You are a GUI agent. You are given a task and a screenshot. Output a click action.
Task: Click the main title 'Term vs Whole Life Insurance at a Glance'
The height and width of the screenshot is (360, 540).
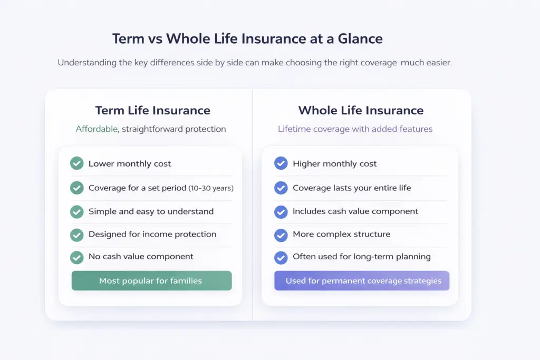tap(247, 38)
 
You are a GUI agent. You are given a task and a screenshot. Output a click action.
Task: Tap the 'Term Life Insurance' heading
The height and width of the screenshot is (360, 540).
tap(152, 111)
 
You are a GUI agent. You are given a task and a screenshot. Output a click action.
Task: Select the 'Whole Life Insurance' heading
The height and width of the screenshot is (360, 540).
tap(361, 111)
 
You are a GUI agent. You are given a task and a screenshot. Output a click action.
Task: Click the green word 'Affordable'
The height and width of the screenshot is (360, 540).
tap(97, 129)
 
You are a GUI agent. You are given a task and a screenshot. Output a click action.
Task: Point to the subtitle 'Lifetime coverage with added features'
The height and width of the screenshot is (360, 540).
tap(355, 129)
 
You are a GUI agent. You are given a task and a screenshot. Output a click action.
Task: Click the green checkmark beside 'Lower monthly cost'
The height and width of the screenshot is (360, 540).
tap(77, 163)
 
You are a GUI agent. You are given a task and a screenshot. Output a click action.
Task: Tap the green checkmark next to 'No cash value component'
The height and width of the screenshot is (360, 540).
tap(77, 257)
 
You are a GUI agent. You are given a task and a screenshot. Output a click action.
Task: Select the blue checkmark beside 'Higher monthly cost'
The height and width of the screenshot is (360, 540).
tap(281, 163)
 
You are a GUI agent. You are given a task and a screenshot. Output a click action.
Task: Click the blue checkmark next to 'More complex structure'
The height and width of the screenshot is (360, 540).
tap(281, 235)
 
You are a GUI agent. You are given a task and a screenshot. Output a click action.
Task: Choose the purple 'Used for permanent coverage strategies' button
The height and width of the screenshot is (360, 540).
tap(362, 281)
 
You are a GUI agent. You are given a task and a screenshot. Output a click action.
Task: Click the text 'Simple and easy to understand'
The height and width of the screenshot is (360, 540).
tap(151, 211)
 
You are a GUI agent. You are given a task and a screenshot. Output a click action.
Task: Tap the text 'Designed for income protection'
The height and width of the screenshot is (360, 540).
tap(152, 234)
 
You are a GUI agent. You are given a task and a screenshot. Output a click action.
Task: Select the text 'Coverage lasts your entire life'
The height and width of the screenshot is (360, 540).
tap(352, 188)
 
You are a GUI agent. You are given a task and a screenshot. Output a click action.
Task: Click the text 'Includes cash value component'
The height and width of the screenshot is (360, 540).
tap(355, 211)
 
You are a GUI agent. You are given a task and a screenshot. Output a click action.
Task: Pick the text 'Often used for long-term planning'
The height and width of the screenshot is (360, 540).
tap(362, 257)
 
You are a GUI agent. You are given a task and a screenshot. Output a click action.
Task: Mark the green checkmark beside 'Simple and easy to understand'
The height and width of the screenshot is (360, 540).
tap(77, 211)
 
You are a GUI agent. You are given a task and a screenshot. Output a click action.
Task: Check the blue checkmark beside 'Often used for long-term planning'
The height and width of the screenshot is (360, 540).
tap(281, 257)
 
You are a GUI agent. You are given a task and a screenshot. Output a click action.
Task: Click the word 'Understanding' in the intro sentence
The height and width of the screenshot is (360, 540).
tap(86, 63)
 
